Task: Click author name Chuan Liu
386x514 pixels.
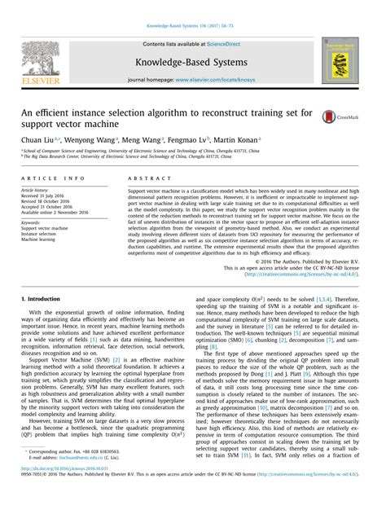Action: point(35,140)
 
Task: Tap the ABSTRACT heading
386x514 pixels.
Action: point(145,178)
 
